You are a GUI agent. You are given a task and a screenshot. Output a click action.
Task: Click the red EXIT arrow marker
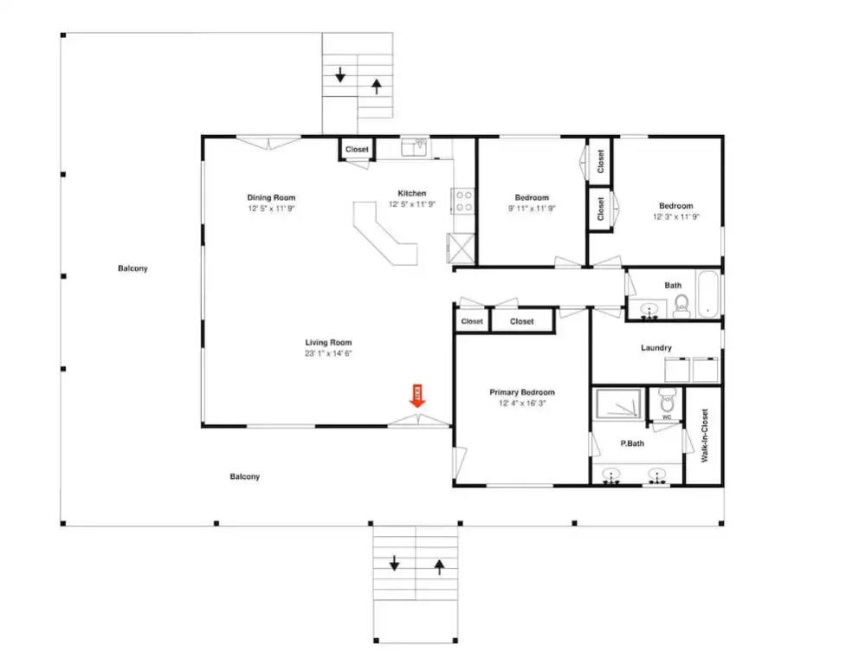(417, 396)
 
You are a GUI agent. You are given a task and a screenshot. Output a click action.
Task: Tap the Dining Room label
(271, 197)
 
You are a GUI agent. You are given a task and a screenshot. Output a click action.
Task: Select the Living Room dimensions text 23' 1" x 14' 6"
(328, 353)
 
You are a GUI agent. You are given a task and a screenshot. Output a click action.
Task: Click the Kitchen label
(411, 193)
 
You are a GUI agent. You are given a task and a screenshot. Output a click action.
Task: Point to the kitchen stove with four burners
(464, 201)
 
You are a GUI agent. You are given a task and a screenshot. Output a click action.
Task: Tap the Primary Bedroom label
(522, 392)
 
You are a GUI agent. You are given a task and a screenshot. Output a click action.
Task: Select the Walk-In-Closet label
(705, 436)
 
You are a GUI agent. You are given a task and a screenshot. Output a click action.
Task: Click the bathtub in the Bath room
(707, 294)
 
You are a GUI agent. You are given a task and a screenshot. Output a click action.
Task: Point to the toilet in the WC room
(667, 399)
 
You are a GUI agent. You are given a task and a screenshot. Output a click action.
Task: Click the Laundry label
(656, 348)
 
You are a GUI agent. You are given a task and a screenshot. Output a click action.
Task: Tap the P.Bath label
(632, 443)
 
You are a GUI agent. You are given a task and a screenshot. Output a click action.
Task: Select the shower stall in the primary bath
(619, 404)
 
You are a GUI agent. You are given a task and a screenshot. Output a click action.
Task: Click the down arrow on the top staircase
(340, 74)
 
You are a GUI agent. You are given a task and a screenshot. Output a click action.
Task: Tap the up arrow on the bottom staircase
(439, 567)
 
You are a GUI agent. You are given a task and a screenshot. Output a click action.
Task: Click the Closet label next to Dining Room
(357, 150)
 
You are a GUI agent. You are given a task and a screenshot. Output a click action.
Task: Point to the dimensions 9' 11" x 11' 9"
(532, 209)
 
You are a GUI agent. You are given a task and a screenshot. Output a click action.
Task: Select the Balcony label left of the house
(132, 268)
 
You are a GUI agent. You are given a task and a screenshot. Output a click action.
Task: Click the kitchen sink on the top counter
(414, 147)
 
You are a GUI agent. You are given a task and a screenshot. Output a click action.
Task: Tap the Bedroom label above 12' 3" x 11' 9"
(675, 206)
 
